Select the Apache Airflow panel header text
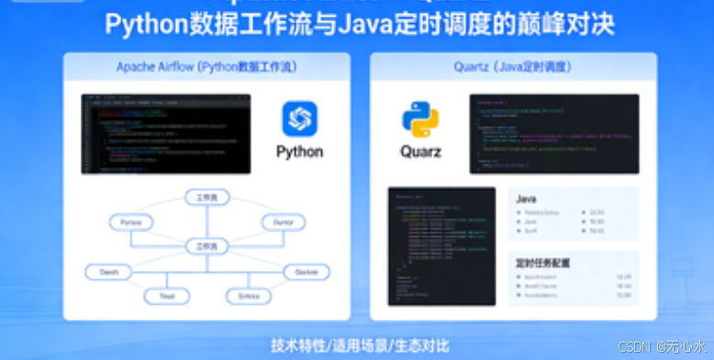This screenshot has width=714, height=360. point(206,67)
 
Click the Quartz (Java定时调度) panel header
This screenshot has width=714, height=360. point(513,67)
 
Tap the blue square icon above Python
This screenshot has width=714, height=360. point(299,118)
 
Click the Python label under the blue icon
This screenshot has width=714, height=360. point(299,152)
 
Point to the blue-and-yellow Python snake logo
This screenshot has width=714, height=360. point(420,120)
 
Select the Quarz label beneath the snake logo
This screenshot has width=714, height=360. point(420,152)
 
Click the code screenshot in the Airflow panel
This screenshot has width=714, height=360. point(166,134)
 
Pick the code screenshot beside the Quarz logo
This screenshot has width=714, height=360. point(554,133)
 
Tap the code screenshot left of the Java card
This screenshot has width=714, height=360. point(442,246)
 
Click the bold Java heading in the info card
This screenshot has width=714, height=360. point(527,198)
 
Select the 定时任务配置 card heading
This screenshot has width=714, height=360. point(543,263)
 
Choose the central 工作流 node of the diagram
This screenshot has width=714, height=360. point(206,246)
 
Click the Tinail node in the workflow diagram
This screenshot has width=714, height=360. point(166,296)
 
